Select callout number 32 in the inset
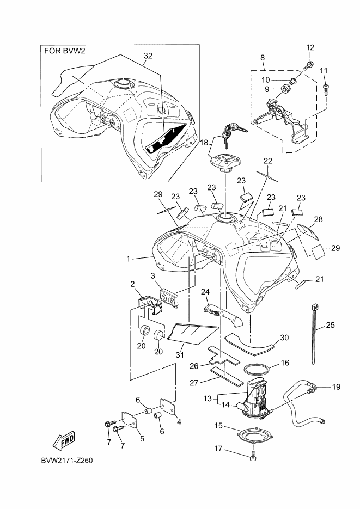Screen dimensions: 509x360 click(x=148, y=56)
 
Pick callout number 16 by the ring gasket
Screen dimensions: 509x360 click(x=284, y=363)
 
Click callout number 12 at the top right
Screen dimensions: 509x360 click(x=310, y=47)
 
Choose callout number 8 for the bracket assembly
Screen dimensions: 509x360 click(x=263, y=57)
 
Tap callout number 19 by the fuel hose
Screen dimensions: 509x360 click(x=336, y=387)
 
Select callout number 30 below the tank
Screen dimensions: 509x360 click(x=284, y=337)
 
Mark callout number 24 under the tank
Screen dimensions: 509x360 click(x=205, y=291)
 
